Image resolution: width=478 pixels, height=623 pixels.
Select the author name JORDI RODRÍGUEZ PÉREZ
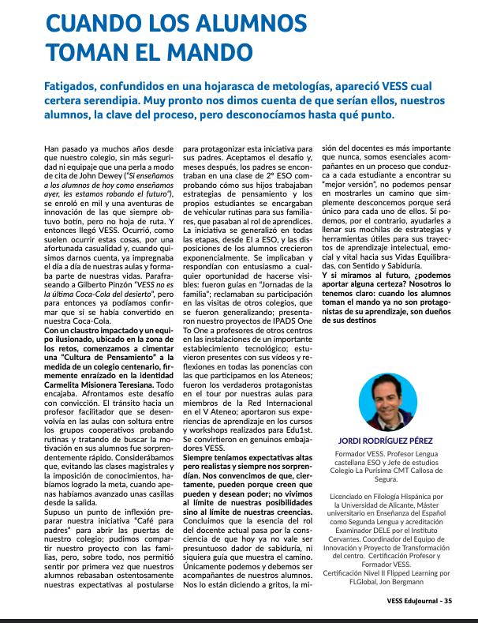pos(387,440)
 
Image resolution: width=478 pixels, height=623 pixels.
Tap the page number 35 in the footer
pos(448,600)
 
